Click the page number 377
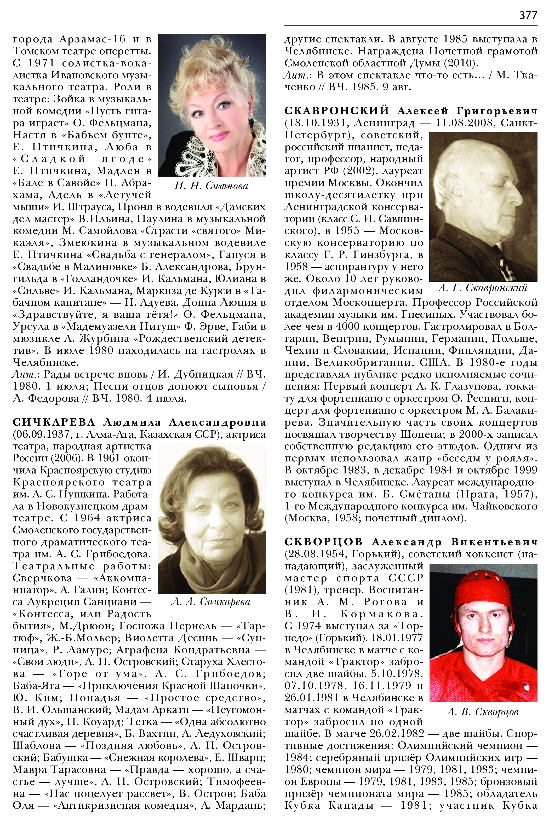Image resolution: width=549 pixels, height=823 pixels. [x=528, y=15]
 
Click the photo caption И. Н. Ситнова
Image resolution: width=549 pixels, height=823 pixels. [x=211, y=186]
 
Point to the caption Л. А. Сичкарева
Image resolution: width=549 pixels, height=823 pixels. [x=211, y=602]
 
